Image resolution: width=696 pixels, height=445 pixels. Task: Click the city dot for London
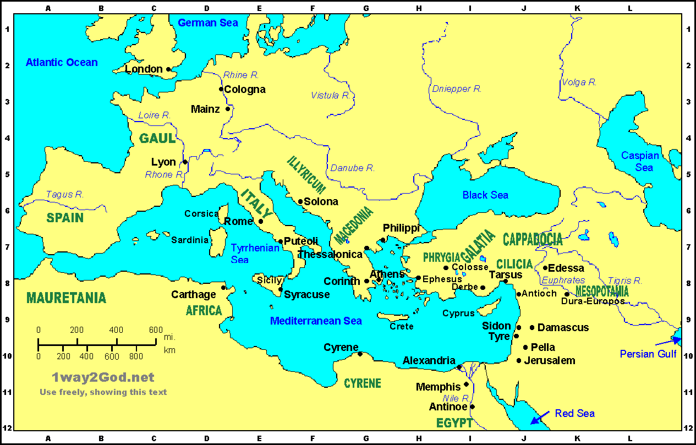pyautogui.click(x=168, y=69)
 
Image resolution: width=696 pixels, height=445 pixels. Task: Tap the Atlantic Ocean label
pyautogui.click(x=62, y=62)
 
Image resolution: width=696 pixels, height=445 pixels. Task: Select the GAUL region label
pyautogui.click(x=157, y=138)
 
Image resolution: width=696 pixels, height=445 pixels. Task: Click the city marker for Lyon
pyautogui.click(x=185, y=162)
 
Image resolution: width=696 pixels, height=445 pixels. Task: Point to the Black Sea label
pyautogui.click(x=485, y=195)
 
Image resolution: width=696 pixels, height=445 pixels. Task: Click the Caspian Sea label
pyautogui.click(x=640, y=161)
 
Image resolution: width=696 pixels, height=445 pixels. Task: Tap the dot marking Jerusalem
pyautogui.click(x=519, y=361)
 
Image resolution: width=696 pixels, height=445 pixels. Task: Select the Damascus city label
pyautogui.click(x=563, y=327)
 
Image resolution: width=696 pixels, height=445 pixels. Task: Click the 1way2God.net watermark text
pyautogui.click(x=103, y=377)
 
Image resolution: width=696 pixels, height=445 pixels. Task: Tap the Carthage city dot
pyautogui.click(x=223, y=288)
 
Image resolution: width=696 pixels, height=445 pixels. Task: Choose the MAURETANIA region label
pyautogui.click(x=66, y=298)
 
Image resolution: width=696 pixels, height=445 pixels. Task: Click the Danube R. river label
pyautogui.click(x=352, y=168)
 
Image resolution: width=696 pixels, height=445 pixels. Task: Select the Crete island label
pyautogui.click(x=401, y=326)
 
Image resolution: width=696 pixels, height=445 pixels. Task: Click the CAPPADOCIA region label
pyautogui.click(x=533, y=239)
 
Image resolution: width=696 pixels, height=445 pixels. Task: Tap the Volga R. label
pyautogui.click(x=579, y=82)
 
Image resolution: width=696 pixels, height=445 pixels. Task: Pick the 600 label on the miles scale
pyautogui.click(x=156, y=329)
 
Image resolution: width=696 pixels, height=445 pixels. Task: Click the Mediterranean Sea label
pyautogui.click(x=316, y=321)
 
